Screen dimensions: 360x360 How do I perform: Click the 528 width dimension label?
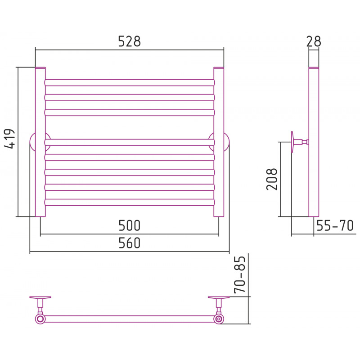tap(129, 41)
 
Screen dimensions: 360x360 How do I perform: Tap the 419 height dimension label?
tap(9, 139)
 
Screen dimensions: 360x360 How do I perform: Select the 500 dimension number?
tap(129, 225)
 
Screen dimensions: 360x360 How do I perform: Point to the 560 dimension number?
tap(129, 243)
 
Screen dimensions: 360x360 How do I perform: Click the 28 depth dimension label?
tap(314, 41)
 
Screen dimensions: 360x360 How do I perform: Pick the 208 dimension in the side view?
tap(272, 179)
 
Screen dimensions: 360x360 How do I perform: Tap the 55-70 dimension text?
tap(335, 225)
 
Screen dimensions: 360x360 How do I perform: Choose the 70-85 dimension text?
tap(240, 274)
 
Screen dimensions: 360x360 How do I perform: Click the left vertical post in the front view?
tap(40, 142)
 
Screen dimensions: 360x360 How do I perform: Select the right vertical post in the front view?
tap(219, 142)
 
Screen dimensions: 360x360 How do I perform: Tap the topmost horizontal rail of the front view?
tap(130, 83)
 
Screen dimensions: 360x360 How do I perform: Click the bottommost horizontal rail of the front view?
tap(130, 202)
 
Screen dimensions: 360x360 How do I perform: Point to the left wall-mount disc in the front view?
tap(32, 142)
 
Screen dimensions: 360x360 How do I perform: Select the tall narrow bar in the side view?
tap(314, 142)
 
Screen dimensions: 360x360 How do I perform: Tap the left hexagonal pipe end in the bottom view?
tap(40, 319)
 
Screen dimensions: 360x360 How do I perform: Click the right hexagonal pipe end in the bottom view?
tap(219, 319)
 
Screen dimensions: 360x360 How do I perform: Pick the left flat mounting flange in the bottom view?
tap(40, 297)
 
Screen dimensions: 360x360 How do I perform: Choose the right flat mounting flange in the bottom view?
tap(219, 297)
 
